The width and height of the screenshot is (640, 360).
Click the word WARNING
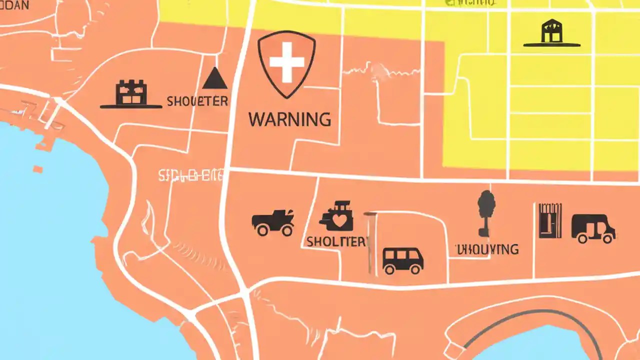click(x=289, y=119)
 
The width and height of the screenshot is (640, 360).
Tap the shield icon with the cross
click(x=286, y=63)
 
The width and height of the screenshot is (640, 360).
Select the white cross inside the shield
click(x=286, y=62)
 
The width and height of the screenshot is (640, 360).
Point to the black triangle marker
click(x=214, y=78)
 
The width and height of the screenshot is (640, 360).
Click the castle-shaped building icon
click(x=131, y=93)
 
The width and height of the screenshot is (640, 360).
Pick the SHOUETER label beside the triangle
click(x=197, y=101)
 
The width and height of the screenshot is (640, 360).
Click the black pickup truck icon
click(x=273, y=222)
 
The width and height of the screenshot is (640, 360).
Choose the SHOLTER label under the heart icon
click(x=336, y=241)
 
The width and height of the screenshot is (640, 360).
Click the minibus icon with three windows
click(x=402, y=260)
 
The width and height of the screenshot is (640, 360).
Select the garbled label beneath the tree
click(x=486, y=249)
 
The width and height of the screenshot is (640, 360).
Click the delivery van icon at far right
click(x=593, y=228)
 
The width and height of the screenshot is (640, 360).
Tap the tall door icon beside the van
click(x=550, y=220)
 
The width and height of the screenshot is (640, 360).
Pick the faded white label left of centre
click(x=190, y=175)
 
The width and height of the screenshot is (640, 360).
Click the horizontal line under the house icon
click(x=551, y=45)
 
